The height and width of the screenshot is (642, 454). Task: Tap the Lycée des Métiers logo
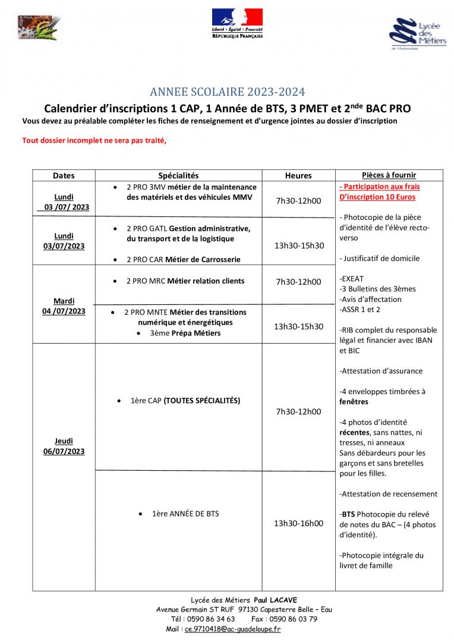417,34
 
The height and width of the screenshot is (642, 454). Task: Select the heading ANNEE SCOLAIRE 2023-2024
227,92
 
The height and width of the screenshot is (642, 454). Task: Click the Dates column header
64,175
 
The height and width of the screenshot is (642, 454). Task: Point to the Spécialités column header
178,175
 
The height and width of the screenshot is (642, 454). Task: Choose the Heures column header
298,175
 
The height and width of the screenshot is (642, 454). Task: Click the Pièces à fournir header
389,175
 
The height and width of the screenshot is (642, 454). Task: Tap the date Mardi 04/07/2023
64,306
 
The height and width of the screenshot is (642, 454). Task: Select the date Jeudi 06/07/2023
64,446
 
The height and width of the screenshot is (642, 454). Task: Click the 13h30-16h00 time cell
298,523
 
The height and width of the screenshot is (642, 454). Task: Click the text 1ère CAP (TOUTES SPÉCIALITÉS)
185,401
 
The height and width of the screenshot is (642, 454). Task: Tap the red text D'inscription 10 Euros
377,197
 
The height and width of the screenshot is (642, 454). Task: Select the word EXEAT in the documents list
352,279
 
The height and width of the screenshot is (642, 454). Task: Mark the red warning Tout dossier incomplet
94,141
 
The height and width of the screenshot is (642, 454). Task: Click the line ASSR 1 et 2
360,310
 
